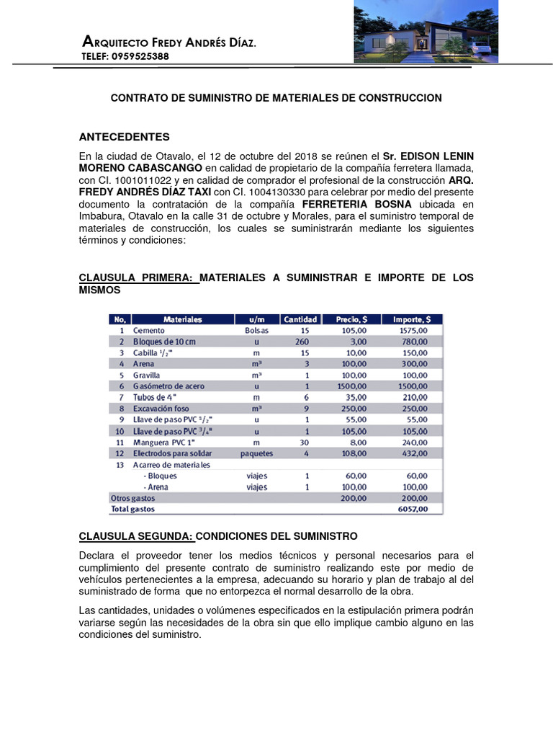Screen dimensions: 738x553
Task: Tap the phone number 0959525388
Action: [x=140, y=56]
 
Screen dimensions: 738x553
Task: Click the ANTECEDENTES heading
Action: [x=124, y=136]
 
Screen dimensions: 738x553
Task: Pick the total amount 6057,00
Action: [x=413, y=509]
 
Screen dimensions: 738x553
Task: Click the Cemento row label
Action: [x=149, y=330]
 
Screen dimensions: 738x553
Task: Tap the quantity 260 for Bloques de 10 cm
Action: [x=302, y=342]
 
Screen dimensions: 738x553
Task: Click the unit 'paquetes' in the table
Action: [x=256, y=453]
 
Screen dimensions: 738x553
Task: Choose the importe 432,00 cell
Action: [x=414, y=453]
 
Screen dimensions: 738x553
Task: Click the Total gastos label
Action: [x=132, y=509]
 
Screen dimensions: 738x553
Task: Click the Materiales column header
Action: [x=183, y=319]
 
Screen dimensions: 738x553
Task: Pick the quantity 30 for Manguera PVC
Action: [x=304, y=442]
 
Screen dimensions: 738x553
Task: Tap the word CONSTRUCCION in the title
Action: [x=399, y=97]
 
